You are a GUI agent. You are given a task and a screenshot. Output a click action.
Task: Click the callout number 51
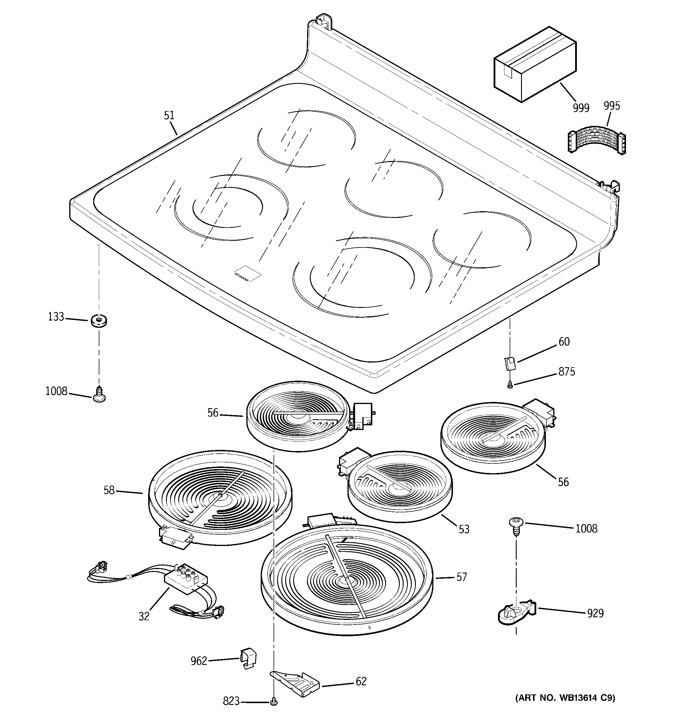coord(169,116)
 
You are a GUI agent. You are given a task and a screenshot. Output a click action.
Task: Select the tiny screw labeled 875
coord(510,384)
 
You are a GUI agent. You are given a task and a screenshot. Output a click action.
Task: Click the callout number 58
coord(109,490)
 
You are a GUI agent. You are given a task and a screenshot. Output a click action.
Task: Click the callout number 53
coord(464,529)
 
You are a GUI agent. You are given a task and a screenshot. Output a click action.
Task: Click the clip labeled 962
coord(248,658)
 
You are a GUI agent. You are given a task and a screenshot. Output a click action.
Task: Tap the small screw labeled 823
coord(273,701)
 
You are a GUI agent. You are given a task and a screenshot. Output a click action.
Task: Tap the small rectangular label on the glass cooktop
coord(248,273)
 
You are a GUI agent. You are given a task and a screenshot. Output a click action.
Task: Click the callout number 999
coord(581,108)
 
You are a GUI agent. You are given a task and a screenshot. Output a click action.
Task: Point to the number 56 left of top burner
coord(213,412)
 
